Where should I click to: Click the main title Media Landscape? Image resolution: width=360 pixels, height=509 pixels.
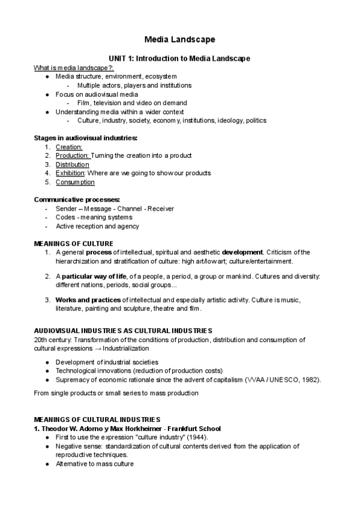pos(179,40)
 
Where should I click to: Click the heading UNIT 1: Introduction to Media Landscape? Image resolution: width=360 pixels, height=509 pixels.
pos(179,58)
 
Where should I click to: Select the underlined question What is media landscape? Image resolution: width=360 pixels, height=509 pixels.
pos(74,67)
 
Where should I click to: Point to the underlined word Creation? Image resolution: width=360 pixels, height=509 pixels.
pos(68,146)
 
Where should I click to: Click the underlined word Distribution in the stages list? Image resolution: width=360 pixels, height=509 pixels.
pos(72,164)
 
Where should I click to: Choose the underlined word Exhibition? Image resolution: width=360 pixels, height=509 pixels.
pos(70,173)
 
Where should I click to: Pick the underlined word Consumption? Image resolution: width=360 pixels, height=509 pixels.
pos(75,182)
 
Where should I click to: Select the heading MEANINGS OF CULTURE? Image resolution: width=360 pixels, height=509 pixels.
pos(73,243)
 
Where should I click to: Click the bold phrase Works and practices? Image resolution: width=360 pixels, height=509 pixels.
pos(88,300)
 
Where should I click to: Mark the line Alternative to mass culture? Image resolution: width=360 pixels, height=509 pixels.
pos(94,464)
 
